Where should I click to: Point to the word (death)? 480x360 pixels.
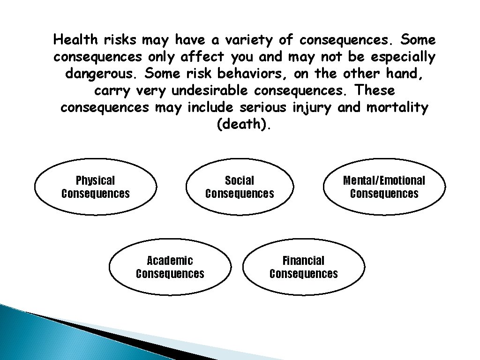tap(244, 126)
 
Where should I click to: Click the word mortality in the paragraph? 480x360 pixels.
tap(397, 108)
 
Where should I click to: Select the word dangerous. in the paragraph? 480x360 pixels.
tap(101, 74)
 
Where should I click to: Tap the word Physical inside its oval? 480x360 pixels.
tap(95, 180)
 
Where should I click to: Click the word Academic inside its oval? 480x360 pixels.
tap(170, 261)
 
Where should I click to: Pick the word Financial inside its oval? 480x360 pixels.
tap(303, 261)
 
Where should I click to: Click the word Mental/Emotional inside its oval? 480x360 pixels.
tap(384, 180)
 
